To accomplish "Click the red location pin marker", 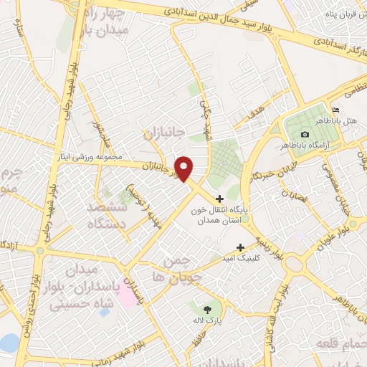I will [185, 168].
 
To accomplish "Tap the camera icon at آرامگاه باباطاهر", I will [305, 135].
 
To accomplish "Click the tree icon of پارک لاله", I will [208, 310].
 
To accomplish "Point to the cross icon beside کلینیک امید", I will [250, 247].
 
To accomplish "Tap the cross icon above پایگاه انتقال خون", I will [220, 198].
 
